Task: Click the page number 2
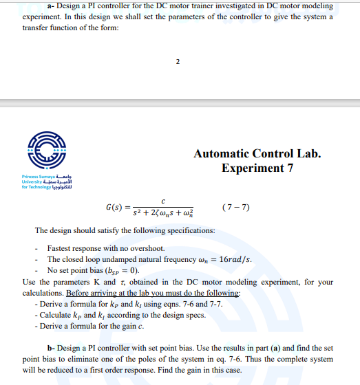178,63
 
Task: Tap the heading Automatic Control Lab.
257,154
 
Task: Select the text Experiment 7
257,168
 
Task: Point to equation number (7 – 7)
237,208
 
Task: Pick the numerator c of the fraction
162,201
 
